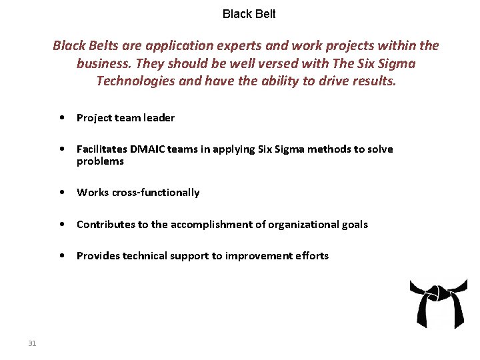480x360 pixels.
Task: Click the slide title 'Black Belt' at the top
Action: (249, 14)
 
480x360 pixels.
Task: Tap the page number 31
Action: (32, 343)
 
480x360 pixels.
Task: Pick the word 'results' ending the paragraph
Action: (372, 81)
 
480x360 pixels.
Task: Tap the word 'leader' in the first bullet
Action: (159, 118)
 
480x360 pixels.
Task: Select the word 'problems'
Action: (100, 161)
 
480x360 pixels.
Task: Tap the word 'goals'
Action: (353, 225)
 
